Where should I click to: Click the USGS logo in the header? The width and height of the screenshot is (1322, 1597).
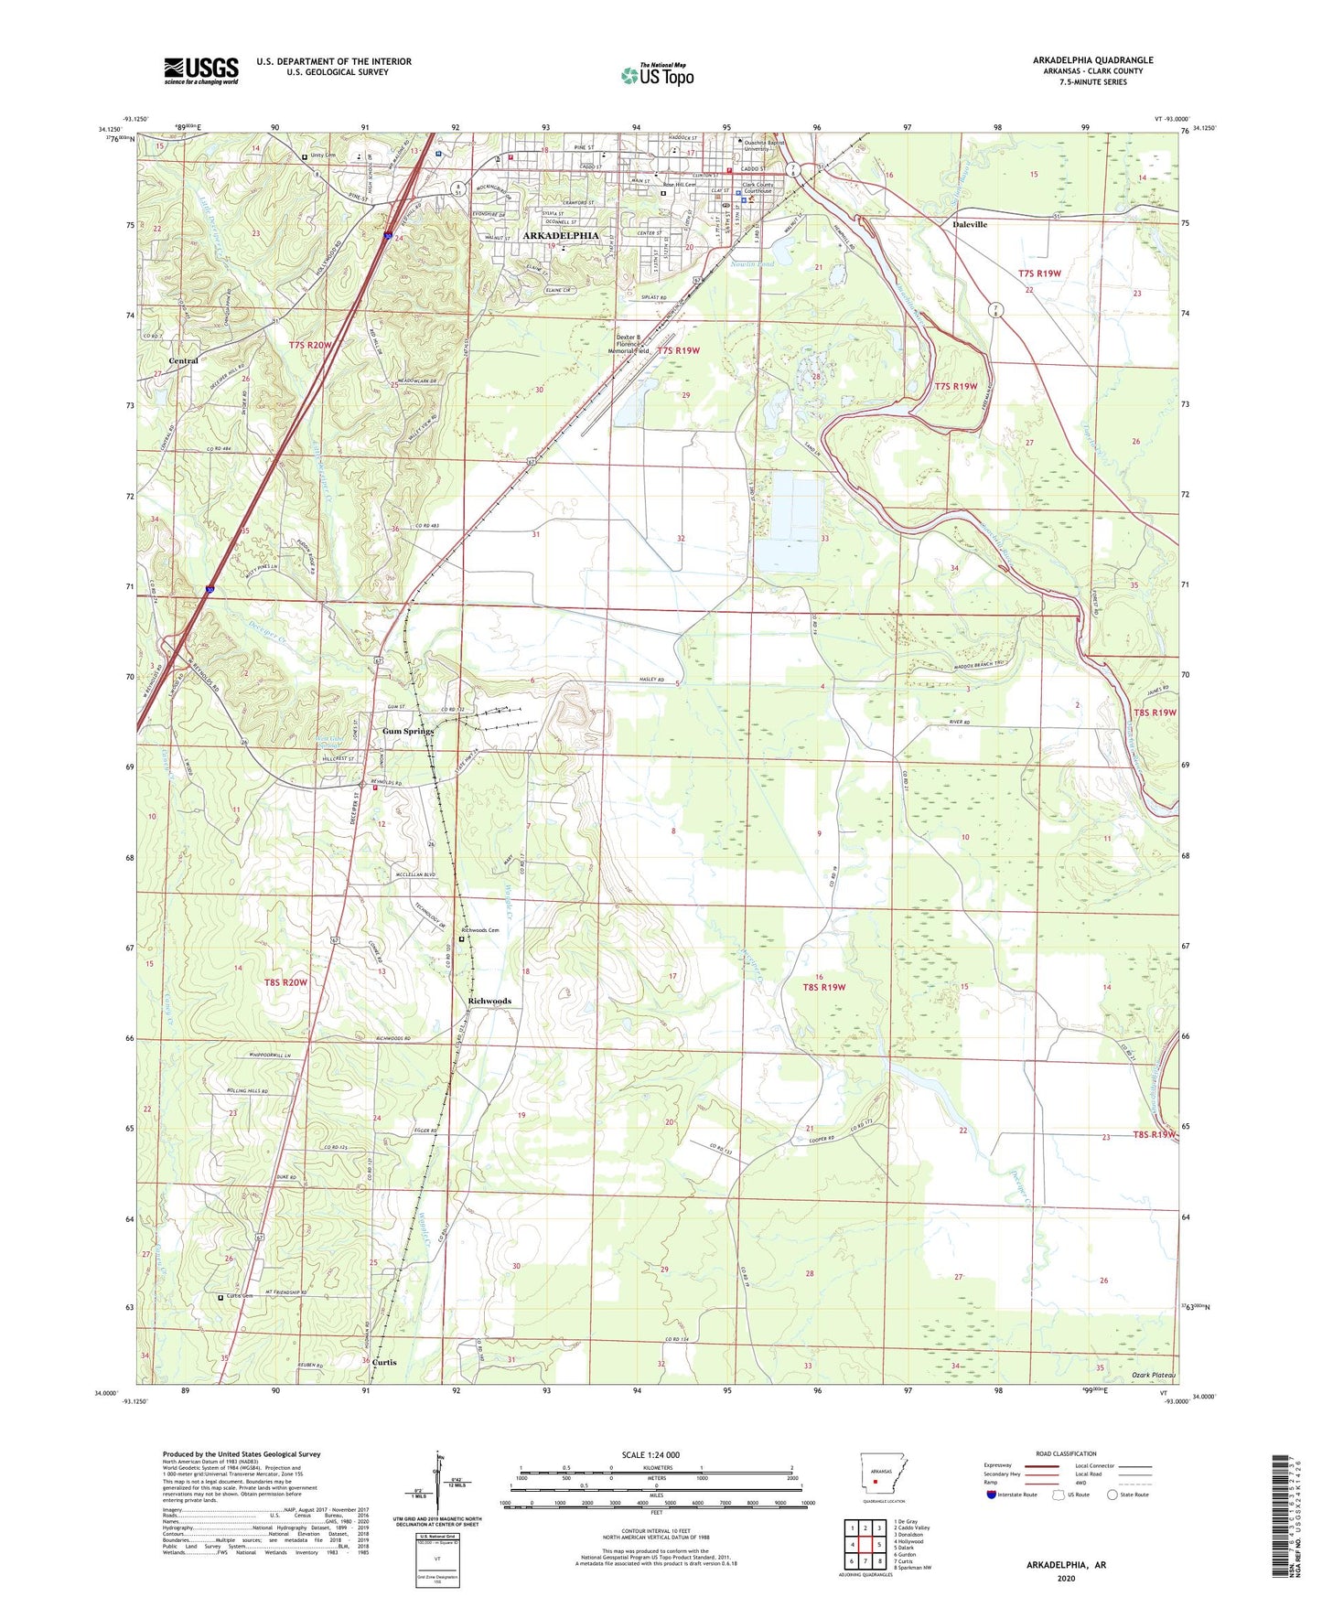tap(201, 70)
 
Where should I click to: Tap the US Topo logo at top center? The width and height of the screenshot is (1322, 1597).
tap(657, 75)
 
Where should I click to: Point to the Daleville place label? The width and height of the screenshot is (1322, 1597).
tap(970, 224)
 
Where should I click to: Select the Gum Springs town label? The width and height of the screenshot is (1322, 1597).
tap(407, 732)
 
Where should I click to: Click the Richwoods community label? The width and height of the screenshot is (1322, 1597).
tap(489, 1002)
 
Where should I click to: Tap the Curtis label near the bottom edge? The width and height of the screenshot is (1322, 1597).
tap(384, 1363)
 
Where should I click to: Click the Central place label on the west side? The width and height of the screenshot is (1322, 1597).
tap(183, 361)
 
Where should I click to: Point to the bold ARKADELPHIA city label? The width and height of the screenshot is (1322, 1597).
tap(560, 236)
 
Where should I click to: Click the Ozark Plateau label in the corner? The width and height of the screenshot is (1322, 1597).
tap(1153, 1376)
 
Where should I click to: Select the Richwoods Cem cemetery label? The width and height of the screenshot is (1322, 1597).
tap(480, 930)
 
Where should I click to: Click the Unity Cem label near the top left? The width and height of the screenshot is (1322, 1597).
tap(324, 156)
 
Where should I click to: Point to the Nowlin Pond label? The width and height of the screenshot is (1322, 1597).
tap(752, 264)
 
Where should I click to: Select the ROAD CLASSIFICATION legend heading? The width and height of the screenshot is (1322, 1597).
tap(1066, 1453)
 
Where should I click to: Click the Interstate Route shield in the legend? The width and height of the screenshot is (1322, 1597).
tap(992, 1495)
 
